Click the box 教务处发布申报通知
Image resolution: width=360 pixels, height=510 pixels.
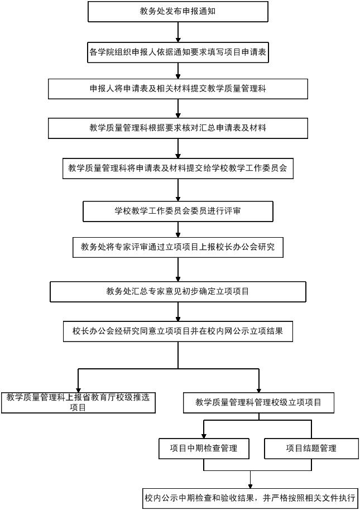click(x=178, y=11)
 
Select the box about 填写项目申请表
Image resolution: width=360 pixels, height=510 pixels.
click(x=178, y=52)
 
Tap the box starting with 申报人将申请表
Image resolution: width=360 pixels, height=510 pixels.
click(x=178, y=89)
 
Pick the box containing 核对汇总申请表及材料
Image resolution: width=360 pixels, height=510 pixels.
click(x=178, y=128)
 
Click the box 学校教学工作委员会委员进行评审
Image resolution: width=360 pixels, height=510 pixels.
click(x=178, y=211)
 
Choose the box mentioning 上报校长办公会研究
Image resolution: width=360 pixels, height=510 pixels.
click(x=178, y=247)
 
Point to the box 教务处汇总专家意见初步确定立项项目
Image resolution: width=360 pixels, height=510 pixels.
click(x=178, y=291)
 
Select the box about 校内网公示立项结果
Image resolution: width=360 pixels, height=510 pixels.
click(x=178, y=331)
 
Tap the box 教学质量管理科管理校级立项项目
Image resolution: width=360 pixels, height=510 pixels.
click(x=258, y=403)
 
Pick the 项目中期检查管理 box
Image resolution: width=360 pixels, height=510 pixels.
click(x=204, y=449)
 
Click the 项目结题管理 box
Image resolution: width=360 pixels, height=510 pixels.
click(x=311, y=449)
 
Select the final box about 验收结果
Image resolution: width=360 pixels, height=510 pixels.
click(x=250, y=498)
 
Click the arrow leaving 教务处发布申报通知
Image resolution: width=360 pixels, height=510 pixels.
click(x=178, y=32)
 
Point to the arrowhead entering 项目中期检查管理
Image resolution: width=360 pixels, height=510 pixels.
click(x=204, y=436)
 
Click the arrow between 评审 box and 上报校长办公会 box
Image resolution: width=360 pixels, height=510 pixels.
click(x=178, y=230)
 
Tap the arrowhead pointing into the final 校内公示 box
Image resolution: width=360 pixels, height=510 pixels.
click(x=250, y=485)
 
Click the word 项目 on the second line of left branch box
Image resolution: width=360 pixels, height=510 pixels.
click(x=78, y=407)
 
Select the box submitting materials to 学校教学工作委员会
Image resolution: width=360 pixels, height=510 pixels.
click(x=178, y=168)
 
